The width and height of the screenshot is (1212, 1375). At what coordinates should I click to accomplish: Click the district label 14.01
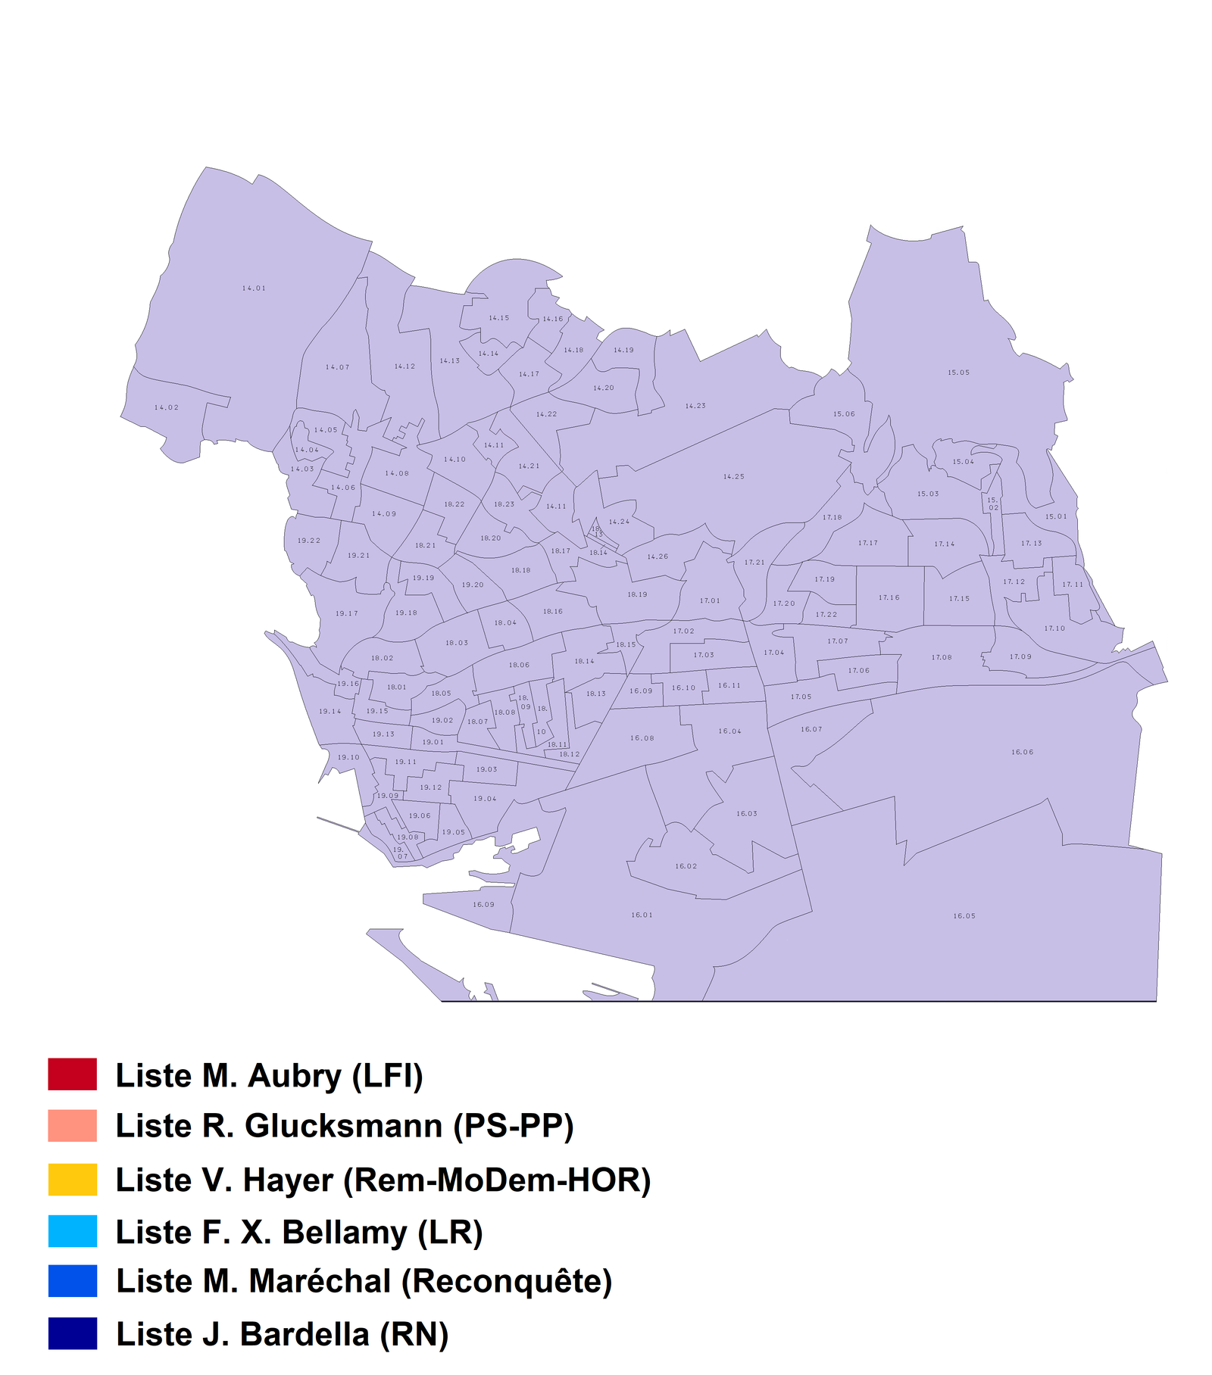pyautogui.click(x=254, y=288)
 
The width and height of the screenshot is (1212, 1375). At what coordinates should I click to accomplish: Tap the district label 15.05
pyautogui.click(x=958, y=373)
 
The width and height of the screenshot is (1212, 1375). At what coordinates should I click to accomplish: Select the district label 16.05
pyautogui.click(x=964, y=916)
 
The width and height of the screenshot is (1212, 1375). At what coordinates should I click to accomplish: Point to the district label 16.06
pyautogui.click(x=1022, y=752)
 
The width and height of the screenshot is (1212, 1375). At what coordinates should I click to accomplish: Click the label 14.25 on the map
pyautogui.click(x=733, y=477)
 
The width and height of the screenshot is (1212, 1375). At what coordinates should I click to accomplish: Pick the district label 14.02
pyautogui.click(x=167, y=407)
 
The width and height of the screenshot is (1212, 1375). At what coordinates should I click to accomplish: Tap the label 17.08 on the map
pyautogui.click(x=942, y=657)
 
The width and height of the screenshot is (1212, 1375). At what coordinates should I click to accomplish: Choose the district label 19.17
pyautogui.click(x=347, y=613)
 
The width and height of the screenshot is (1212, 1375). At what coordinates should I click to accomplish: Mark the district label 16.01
pyautogui.click(x=642, y=915)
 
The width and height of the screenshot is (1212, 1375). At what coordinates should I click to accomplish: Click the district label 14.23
pyautogui.click(x=695, y=406)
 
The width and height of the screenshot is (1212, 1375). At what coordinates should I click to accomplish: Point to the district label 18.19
pyautogui.click(x=637, y=594)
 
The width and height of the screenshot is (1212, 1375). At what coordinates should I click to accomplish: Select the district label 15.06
pyautogui.click(x=844, y=414)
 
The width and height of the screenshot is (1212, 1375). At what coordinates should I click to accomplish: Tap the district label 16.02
pyautogui.click(x=686, y=866)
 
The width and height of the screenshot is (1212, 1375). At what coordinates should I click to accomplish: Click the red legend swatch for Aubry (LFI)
pyautogui.click(x=73, y=1074)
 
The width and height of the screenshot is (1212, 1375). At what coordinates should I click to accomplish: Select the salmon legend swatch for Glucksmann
pyautogui.click(x=73, y=1126)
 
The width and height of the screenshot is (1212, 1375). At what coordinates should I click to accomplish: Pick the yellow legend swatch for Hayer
pyautogui.click(x=73, y=1180)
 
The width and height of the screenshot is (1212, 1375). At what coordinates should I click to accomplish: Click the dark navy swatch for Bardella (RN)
pyautogui.click(x=73, y=1333)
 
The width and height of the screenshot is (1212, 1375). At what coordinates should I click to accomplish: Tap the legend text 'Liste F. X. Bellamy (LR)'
pyautogui.click(x=298, y=1233)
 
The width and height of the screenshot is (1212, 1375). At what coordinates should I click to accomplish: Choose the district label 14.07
pyautogui.click(x=337, y=367)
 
